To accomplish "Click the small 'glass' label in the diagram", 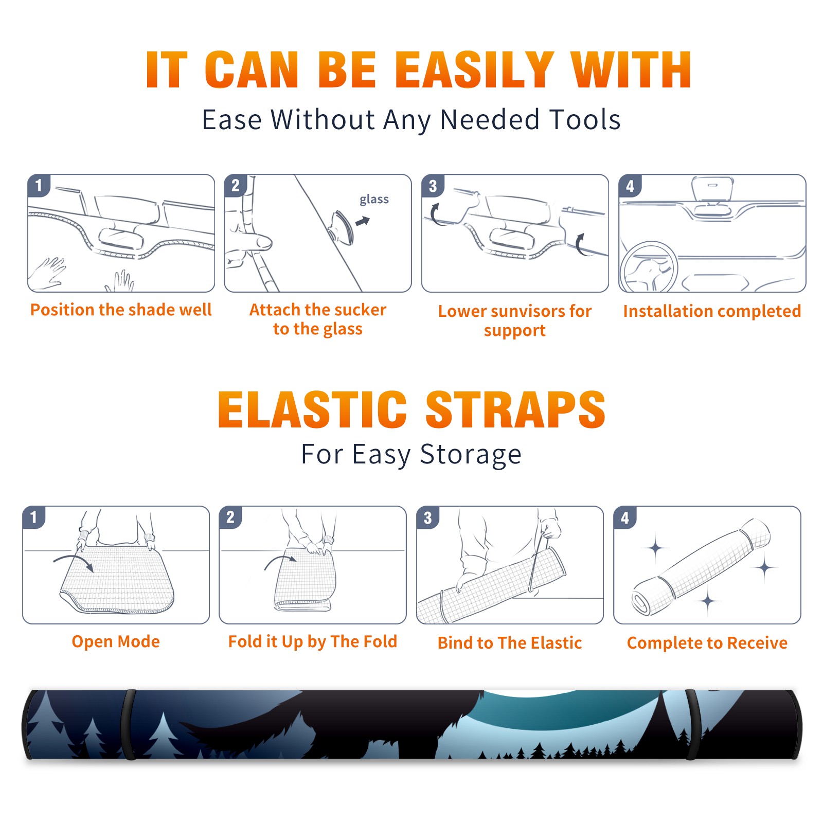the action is click(374, 200).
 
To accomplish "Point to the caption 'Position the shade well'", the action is click(121, 310).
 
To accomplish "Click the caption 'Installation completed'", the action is click(712, 311).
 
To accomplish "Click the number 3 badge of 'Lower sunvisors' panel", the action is click(432, 186).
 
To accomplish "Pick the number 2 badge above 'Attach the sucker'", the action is click(235, 185).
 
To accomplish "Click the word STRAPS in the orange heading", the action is click(515, 409).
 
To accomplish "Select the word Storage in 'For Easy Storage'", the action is click(471, 455).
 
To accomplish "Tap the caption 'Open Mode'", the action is click(116, 641).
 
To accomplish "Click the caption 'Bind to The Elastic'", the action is click(510, 643).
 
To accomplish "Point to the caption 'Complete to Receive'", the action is click(707, 643).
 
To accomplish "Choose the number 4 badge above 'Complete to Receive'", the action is click(624, 517).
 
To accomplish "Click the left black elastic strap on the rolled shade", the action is click(129, 724).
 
